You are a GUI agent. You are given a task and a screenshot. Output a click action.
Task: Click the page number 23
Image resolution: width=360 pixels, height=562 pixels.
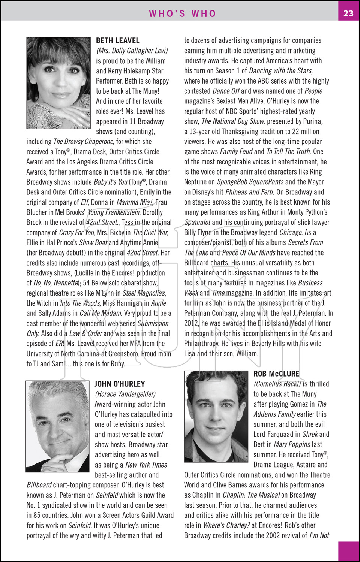[348, 13]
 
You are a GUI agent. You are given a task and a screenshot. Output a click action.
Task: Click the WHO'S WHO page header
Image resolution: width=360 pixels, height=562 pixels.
[183, 13]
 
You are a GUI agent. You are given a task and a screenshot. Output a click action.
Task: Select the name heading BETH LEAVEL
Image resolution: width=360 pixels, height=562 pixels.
[118, 40]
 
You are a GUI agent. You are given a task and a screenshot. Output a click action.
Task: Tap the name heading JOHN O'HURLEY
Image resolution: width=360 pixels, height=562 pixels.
[120, 384]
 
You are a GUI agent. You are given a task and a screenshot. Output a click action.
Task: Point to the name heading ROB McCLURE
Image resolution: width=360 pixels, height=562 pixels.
[276, 374]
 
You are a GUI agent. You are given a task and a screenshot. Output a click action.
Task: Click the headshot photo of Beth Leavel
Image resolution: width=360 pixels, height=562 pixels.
[58, 83]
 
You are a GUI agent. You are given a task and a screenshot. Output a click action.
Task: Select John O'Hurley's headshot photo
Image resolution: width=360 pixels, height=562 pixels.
[57, 426]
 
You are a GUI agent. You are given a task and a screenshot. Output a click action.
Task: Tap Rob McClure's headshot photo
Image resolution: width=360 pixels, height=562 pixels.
[216, 416]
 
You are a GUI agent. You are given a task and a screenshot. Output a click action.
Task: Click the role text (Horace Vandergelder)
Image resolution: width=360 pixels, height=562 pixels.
[125, 394]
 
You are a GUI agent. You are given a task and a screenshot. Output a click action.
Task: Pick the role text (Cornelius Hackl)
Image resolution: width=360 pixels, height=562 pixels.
[277, 384]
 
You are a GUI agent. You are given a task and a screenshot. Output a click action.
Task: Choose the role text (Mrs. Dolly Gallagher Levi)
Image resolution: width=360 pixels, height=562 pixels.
[132, 51]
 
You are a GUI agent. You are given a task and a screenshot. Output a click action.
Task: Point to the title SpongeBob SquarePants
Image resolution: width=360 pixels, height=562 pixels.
[250, 182]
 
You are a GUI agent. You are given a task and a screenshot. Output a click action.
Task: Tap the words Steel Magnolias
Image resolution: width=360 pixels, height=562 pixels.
[144, 293]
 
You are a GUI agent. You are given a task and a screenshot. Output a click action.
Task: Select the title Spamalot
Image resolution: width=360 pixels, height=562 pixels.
[198, 223]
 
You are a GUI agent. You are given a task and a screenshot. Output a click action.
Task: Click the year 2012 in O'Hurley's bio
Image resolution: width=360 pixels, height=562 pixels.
[191, 323]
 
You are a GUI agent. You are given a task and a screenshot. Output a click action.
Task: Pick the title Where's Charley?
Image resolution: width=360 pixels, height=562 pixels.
[226, 525]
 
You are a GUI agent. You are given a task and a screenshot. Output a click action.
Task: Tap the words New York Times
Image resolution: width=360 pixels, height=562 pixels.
[146, 465]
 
